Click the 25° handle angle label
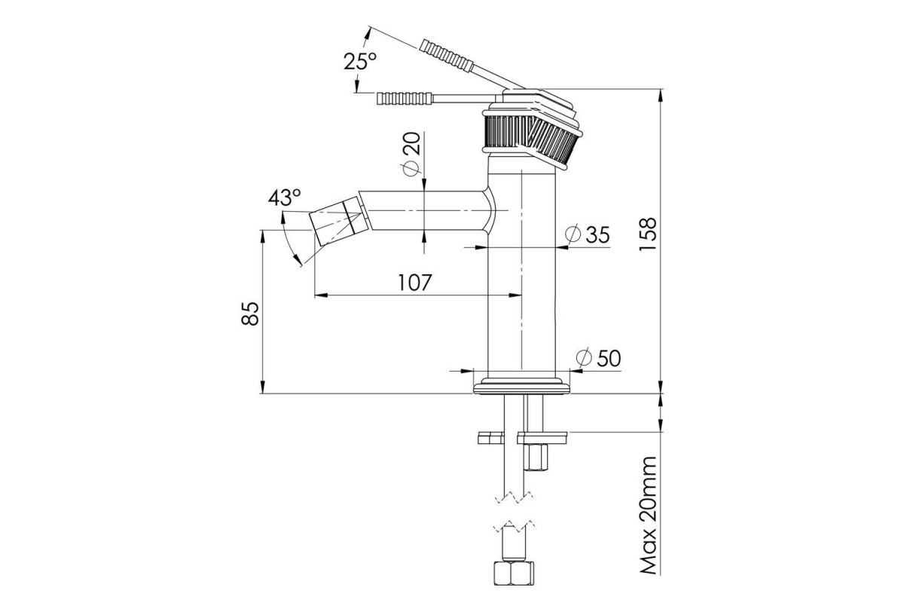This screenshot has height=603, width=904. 360,61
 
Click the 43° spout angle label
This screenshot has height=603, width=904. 285,197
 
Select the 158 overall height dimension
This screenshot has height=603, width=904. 648,234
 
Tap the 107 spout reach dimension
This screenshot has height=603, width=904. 415,283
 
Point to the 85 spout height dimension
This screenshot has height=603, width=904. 250,314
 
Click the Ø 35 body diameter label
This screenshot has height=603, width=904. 587,234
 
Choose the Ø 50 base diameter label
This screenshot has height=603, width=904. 598,358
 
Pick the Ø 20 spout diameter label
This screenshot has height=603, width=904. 411,154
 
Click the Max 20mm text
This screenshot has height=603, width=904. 649,516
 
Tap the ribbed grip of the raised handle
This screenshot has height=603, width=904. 446,56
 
